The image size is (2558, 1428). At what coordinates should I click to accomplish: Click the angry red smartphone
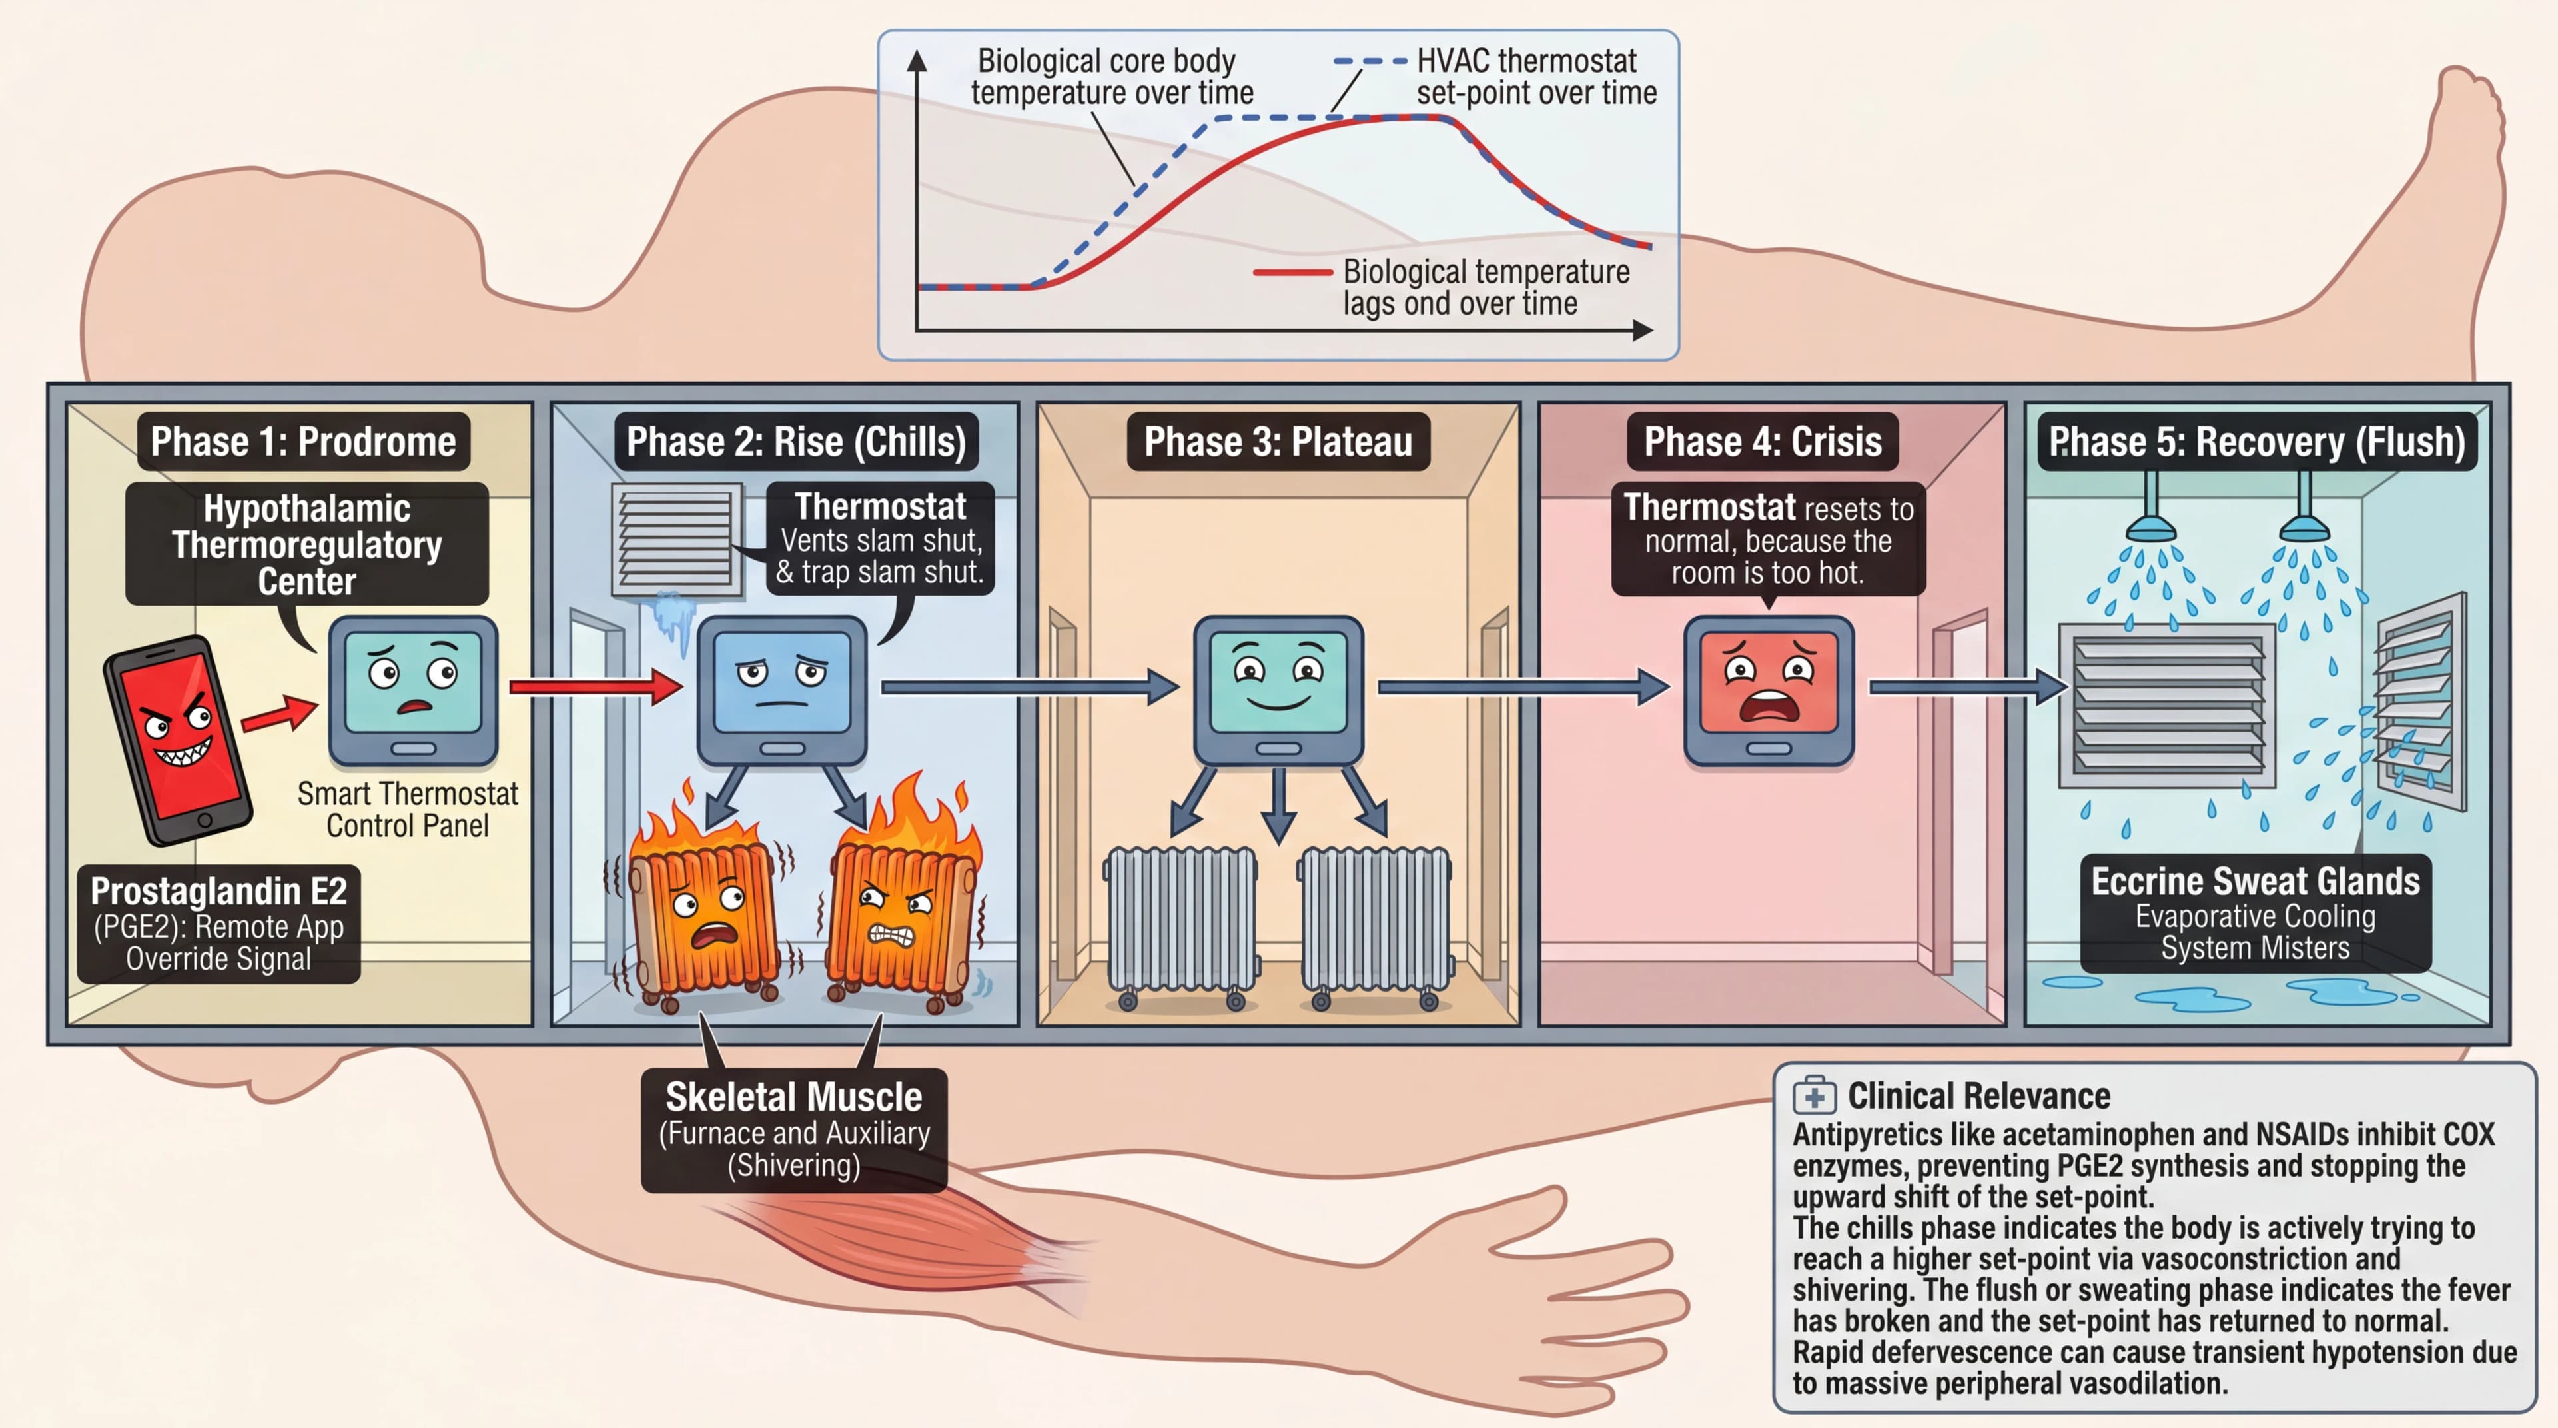[x=177, y=740]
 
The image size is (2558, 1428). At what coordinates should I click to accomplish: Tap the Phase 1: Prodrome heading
[x=303, y=442]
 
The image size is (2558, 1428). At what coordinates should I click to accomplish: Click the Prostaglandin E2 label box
[x=218, y=924]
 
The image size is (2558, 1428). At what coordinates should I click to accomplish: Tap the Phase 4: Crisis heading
[x=1763, y=442]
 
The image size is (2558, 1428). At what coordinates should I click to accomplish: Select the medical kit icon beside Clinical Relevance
[x=1814, y=1096]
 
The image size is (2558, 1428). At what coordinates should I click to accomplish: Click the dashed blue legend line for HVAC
[x=1370, y=61]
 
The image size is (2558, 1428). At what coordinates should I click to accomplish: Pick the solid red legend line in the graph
[x=1292, y=272]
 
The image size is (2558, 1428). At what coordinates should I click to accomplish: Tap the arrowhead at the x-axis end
[x=1643, y=330]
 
